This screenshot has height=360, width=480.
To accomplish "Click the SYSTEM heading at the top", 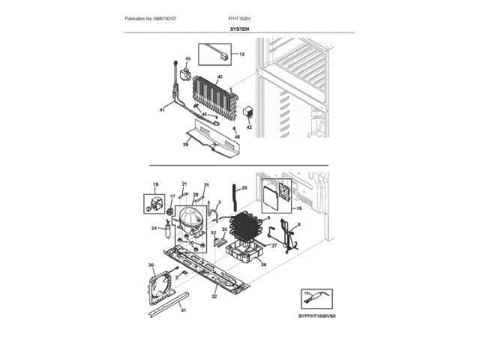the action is (240, 28).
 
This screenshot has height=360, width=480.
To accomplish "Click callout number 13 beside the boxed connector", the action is (241, 55).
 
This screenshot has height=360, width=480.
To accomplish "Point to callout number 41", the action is (162, 110).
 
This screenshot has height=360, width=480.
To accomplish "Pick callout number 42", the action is (250, 127).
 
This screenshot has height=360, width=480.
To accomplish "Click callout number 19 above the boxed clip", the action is (156, 184).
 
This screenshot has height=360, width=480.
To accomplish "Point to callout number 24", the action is (153, 228).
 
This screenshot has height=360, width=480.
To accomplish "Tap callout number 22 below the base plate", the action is (214, 297).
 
